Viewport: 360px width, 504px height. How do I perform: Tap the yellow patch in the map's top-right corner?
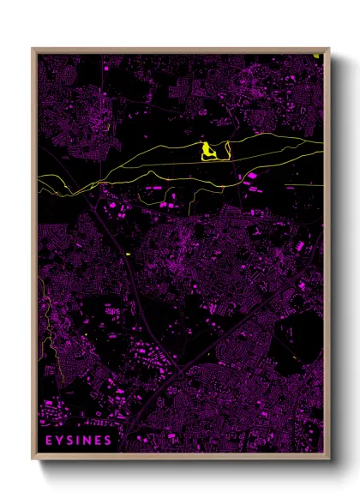317,57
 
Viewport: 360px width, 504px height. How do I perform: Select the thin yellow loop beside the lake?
221,152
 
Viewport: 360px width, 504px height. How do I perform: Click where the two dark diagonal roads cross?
181,370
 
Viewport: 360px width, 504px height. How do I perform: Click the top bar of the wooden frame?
180,50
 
